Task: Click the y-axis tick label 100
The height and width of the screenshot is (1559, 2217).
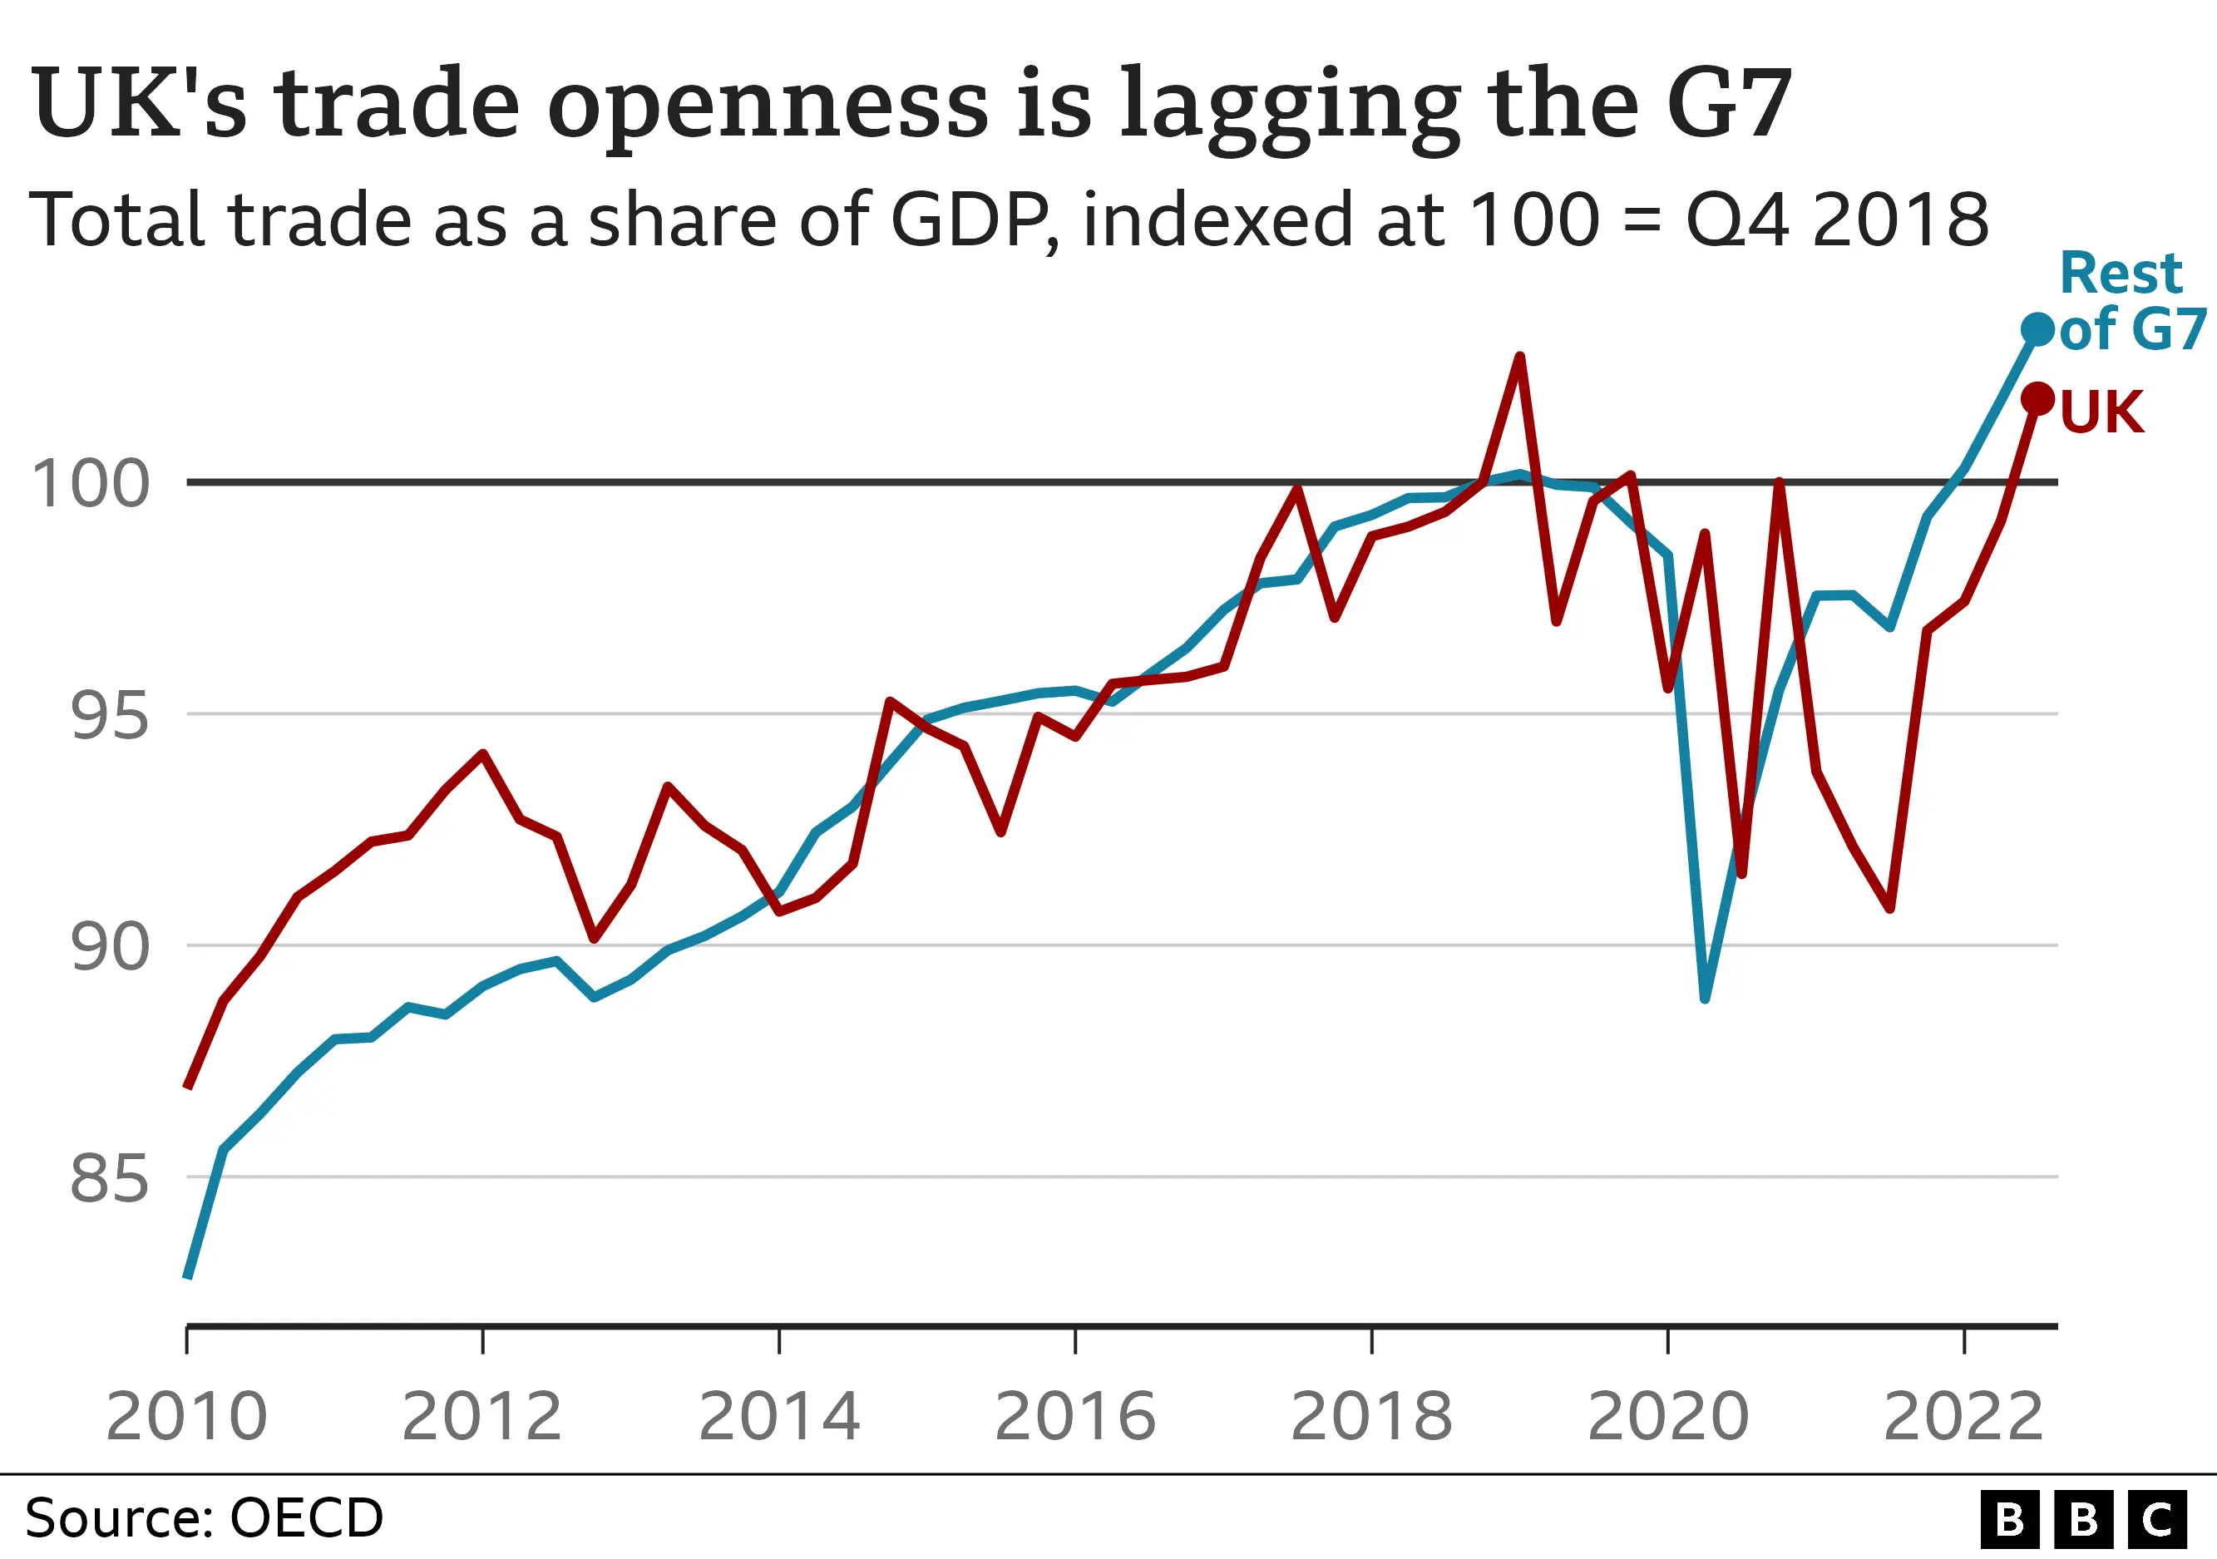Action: coord(91,485)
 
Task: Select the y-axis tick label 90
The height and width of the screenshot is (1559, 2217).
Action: coord(109,948)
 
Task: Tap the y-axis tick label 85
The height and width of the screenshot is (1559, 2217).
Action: coord(109,1180)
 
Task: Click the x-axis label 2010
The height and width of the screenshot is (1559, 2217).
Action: coord(186,1417)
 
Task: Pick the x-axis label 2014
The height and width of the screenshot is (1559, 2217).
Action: coord(779,1417)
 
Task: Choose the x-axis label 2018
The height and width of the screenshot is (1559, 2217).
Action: coord(1371,1417)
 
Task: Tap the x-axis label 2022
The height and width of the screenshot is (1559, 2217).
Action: coord(1964,1417)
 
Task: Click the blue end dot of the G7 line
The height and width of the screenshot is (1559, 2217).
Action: coord(2037,329)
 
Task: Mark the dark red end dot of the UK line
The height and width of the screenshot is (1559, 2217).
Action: coord(2037,398)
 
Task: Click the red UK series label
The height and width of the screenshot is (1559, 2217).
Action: coord(2102,412)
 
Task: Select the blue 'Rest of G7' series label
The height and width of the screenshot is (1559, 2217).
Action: coord(2129,301)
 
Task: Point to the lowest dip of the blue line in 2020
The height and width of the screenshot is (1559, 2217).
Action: coord(1706,998)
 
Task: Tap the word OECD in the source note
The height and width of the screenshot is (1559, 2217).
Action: coord(307,1518)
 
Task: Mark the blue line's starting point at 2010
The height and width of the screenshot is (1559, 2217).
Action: coord(188,1276)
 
